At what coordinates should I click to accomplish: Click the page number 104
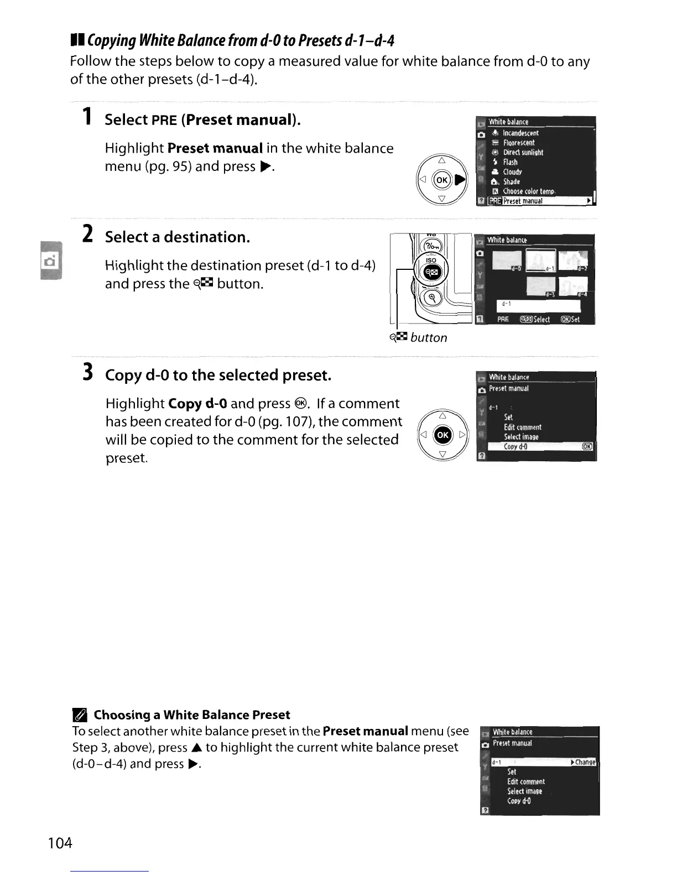[60, 843]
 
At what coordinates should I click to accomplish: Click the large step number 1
[86, 117]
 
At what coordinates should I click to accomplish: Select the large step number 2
[87, 234]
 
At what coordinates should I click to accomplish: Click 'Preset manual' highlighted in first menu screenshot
[523, 201]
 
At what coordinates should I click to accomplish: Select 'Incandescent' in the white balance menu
[520, 133]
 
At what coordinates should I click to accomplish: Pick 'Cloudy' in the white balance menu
[512, 171]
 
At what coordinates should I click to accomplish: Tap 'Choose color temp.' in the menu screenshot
[528, 191]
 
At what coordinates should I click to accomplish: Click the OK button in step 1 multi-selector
[442, 180]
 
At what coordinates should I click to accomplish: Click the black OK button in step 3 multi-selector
[442, 435]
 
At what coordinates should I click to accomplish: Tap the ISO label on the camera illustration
[431, 260]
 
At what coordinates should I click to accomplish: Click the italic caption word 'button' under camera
[429, 337]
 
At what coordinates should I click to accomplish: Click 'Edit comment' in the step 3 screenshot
[522, 427]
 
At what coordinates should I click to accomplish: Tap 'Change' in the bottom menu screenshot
[585, 762]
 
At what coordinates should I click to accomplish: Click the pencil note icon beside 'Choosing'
[80, 716]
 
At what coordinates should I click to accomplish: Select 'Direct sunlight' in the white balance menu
[523, 152]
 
